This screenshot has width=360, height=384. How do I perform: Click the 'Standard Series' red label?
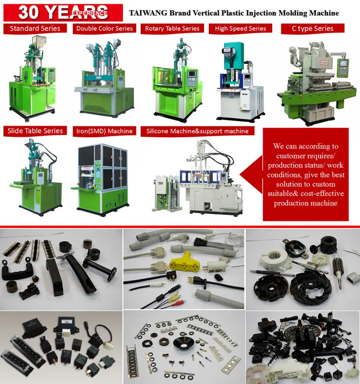pos(35,28)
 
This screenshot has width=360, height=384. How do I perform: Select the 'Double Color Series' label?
pos(104,28)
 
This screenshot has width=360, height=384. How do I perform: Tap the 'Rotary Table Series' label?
pos(172,28)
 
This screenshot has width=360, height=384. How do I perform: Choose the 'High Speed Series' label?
pos(240,28)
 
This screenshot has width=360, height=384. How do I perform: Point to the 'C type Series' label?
pos(312,28)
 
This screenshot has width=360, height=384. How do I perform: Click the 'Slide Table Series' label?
pos(35,131)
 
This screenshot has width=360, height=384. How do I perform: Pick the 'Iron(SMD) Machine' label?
pos(104,131)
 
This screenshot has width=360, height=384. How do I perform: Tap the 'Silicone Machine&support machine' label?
pos(197,131)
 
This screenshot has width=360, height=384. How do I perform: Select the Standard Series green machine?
pos(34,77)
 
